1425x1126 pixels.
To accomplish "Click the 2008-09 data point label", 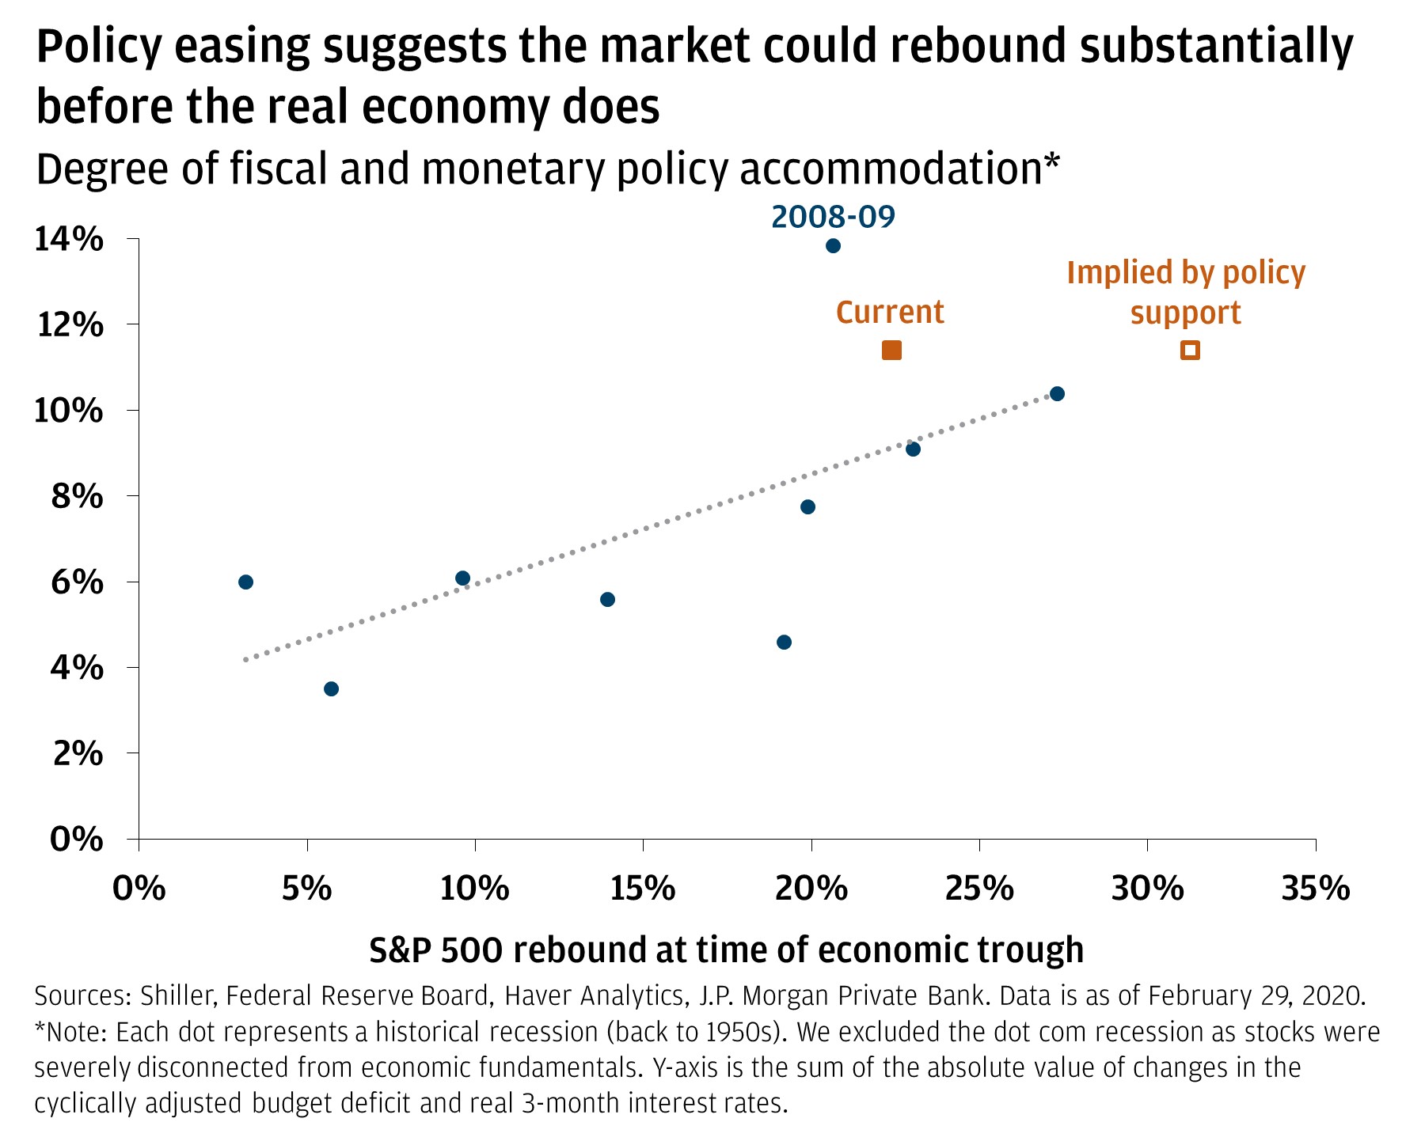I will click(x=833, y=216).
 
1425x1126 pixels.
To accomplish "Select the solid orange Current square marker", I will click(x=891, y=350).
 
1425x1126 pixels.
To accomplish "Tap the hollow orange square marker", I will click(x=1190, y=350).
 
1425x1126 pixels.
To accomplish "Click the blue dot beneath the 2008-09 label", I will click(x=833, y=245).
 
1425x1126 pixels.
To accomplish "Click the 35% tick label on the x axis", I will click(x=1316, y=889).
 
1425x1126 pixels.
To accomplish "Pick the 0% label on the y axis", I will click(x=77, y=839).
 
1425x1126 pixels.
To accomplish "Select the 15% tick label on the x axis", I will click(x=643, y=889).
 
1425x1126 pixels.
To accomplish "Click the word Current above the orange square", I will click(x=890, y=312).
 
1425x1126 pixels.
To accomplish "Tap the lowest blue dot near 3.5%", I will click(x=331, y=688).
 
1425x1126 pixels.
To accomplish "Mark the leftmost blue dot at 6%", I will click(x=245, y=582).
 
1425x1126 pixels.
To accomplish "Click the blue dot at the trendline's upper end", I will click(x=1057, y=393).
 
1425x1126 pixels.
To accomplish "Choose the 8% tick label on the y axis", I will click(x=78, y=496).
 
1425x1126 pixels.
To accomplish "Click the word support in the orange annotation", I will click(x=1185, y=313).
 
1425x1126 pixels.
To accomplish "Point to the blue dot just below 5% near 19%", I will click(x=784, y=642).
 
